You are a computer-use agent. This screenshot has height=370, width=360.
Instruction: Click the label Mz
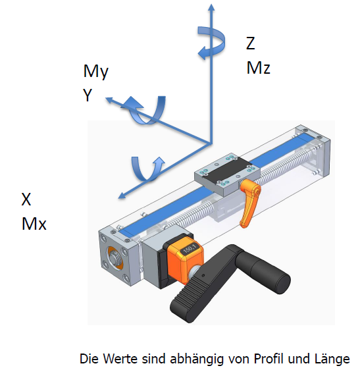coord(259,68)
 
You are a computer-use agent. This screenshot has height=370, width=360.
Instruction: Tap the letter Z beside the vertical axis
coord(251,43)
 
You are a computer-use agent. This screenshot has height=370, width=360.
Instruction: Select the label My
coord(96,71)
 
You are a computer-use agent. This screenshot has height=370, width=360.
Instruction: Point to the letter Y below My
coord(88,95)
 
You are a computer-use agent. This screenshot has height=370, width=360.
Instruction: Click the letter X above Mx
coord(26,199)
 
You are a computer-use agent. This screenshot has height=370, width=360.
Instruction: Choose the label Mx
coord(34,223)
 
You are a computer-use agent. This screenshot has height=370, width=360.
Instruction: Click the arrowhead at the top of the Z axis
coord(211,7)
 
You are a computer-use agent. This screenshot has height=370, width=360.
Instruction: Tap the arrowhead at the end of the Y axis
coord(109,100)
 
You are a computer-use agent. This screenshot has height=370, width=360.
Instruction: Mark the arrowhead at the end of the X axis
coord(122,195)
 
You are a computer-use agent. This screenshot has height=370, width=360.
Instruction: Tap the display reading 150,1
coord(189,249)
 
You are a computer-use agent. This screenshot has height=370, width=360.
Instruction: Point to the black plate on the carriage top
coord(226,171)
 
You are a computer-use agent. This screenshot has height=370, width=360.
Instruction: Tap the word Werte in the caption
coord(120,359)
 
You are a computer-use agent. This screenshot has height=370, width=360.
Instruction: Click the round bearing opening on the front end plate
coord(115,257)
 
